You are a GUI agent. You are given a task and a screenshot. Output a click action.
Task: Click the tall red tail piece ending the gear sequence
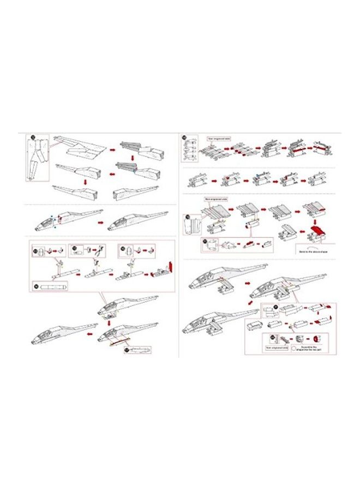click(x=170, y=267)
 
